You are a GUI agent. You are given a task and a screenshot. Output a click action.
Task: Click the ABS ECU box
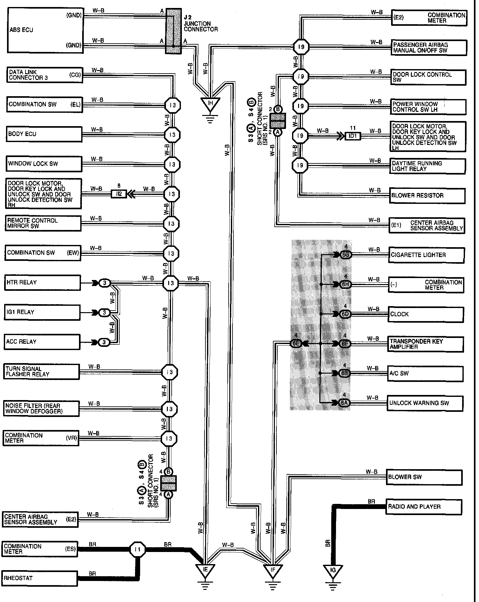[x=45, y=30]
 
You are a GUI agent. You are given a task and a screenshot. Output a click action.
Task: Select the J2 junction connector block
[x=173, y=31]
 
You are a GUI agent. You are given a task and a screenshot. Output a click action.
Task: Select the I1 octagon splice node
[x=138, y=549]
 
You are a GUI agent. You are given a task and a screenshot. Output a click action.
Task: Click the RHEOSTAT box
[x=40, y=578]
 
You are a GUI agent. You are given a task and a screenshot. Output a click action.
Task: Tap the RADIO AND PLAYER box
[x=424, y=507]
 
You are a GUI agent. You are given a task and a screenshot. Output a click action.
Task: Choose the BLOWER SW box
[x=424, y=477]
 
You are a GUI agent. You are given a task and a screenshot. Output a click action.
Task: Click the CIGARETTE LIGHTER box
[x=426, y=255]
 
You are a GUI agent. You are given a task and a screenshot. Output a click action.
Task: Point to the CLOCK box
[x=425, y=314]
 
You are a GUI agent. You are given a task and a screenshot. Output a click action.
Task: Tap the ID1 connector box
[x=353, y=136]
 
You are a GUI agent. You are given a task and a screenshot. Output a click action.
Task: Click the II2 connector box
[x=119, y=194]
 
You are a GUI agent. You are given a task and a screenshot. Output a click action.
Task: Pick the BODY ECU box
[x=44, y=134]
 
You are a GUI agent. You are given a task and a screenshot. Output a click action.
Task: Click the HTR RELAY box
[x=42, y=283]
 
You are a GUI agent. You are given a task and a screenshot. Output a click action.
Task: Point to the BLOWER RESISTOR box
[x=427, y=196]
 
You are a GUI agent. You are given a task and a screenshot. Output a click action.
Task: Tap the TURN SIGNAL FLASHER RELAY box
[x=42, y=372]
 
